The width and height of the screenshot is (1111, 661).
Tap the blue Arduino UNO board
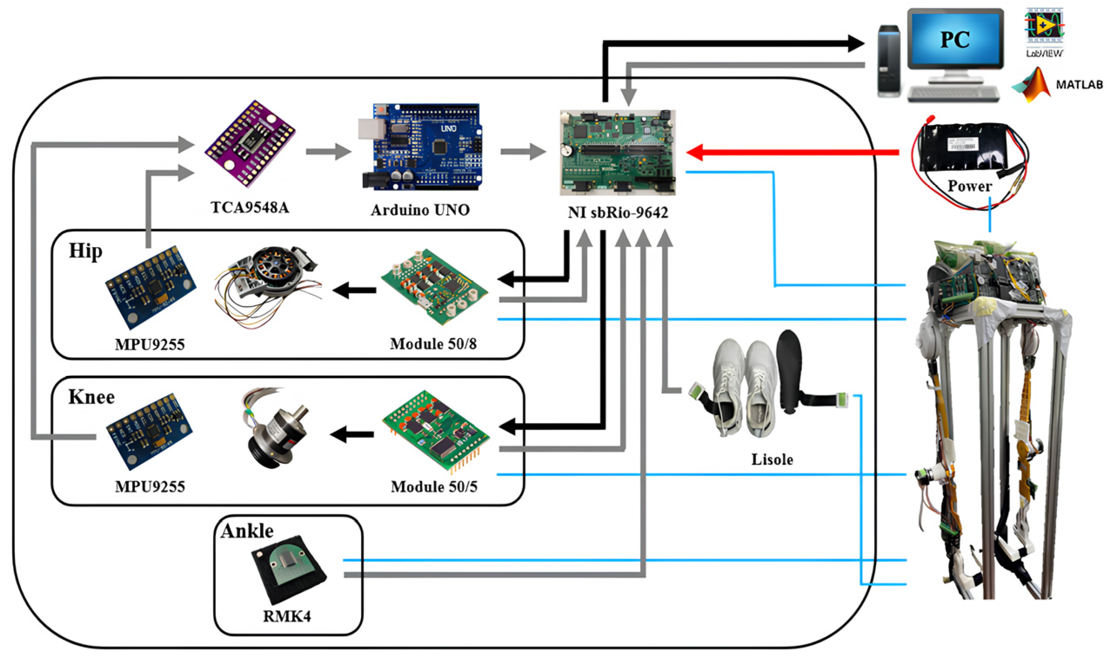click(420, 147)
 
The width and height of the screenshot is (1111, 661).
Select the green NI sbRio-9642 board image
click(617, 152)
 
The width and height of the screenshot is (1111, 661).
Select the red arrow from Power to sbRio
click(792, 152)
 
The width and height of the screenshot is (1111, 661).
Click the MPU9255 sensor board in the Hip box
click(150, 287)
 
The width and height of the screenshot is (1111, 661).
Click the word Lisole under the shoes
click(772, 459)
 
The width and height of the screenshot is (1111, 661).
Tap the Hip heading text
click(86, 251)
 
